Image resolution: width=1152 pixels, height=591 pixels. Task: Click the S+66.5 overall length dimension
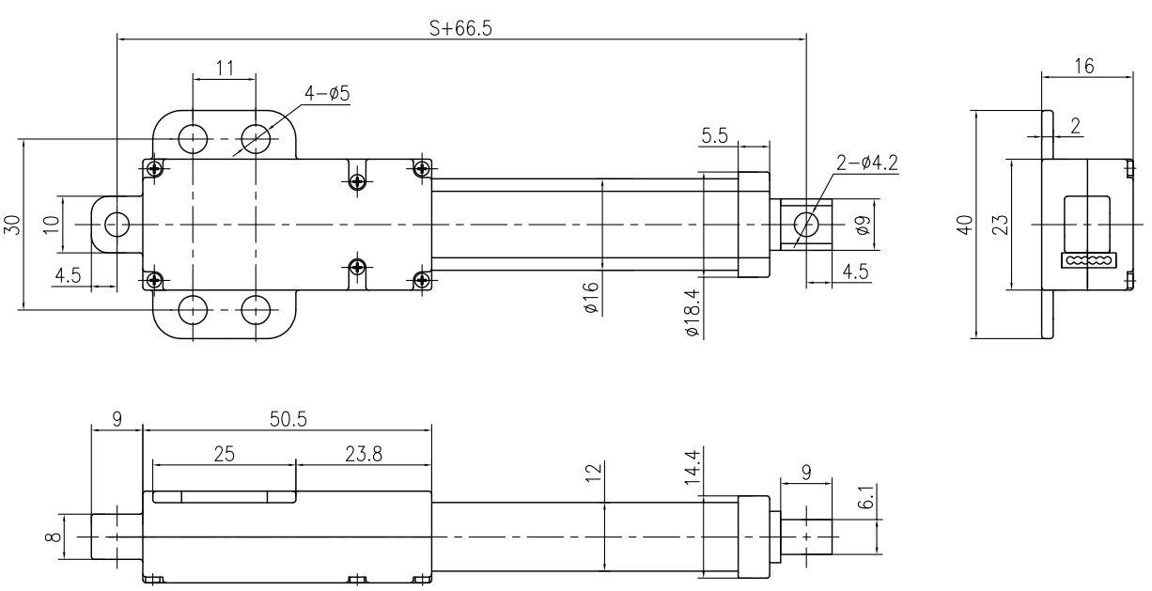point(460,28)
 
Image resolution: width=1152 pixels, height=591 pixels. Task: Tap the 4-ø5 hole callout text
point(327,94)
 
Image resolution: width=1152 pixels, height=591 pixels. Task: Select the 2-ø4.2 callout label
point(867,163)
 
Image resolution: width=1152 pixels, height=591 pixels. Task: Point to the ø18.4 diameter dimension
point(693,313)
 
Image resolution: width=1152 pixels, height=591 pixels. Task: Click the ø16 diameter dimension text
point(591,298)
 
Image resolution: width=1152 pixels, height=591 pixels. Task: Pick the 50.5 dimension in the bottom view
point(288,419)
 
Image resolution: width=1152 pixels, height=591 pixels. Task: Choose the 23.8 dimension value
point(364,454)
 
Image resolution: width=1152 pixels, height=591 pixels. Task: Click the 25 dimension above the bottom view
point(225,454)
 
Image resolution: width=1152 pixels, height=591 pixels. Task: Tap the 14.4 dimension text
point(693,467)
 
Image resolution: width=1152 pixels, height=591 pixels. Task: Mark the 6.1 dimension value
point(866,496)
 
